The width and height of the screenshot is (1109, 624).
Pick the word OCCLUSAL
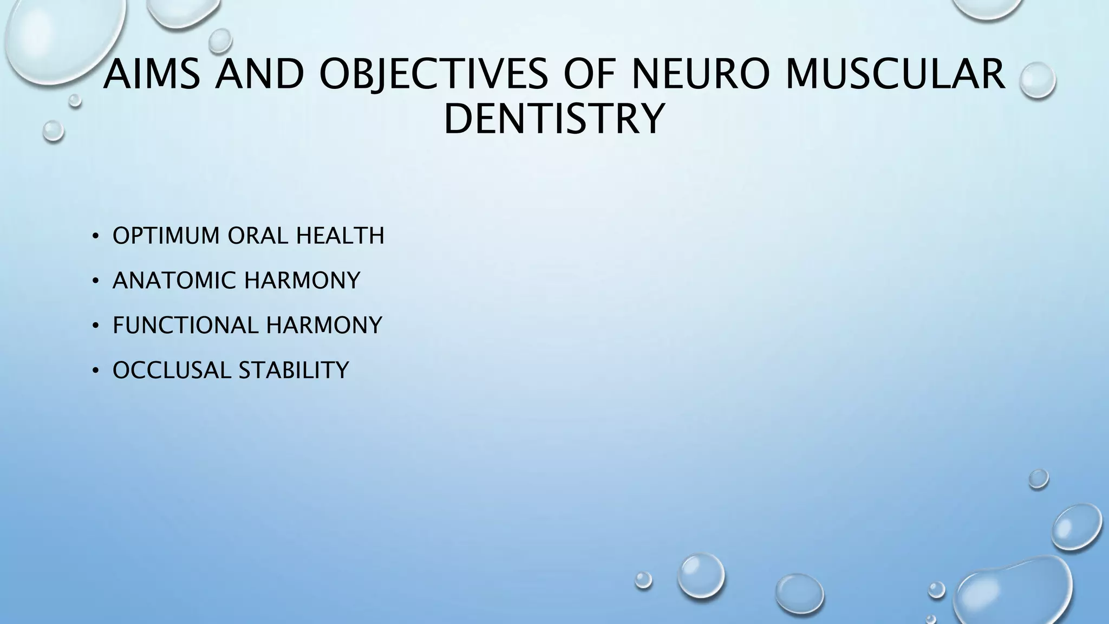(x=171, y=370)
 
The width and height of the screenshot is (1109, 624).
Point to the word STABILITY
(x=293, y=370)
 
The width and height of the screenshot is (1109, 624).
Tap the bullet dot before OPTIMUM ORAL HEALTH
(x=95, y=236)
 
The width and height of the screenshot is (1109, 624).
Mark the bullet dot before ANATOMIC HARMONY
(x=95, y=281)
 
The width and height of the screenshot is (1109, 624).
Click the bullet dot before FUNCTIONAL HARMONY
(x=95, y=326)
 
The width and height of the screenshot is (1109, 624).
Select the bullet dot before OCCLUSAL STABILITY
(x=95, y=371)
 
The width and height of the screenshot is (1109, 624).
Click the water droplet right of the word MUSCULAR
(x=1037, y=80)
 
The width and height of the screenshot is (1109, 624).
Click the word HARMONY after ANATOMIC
(x=302, y=281)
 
